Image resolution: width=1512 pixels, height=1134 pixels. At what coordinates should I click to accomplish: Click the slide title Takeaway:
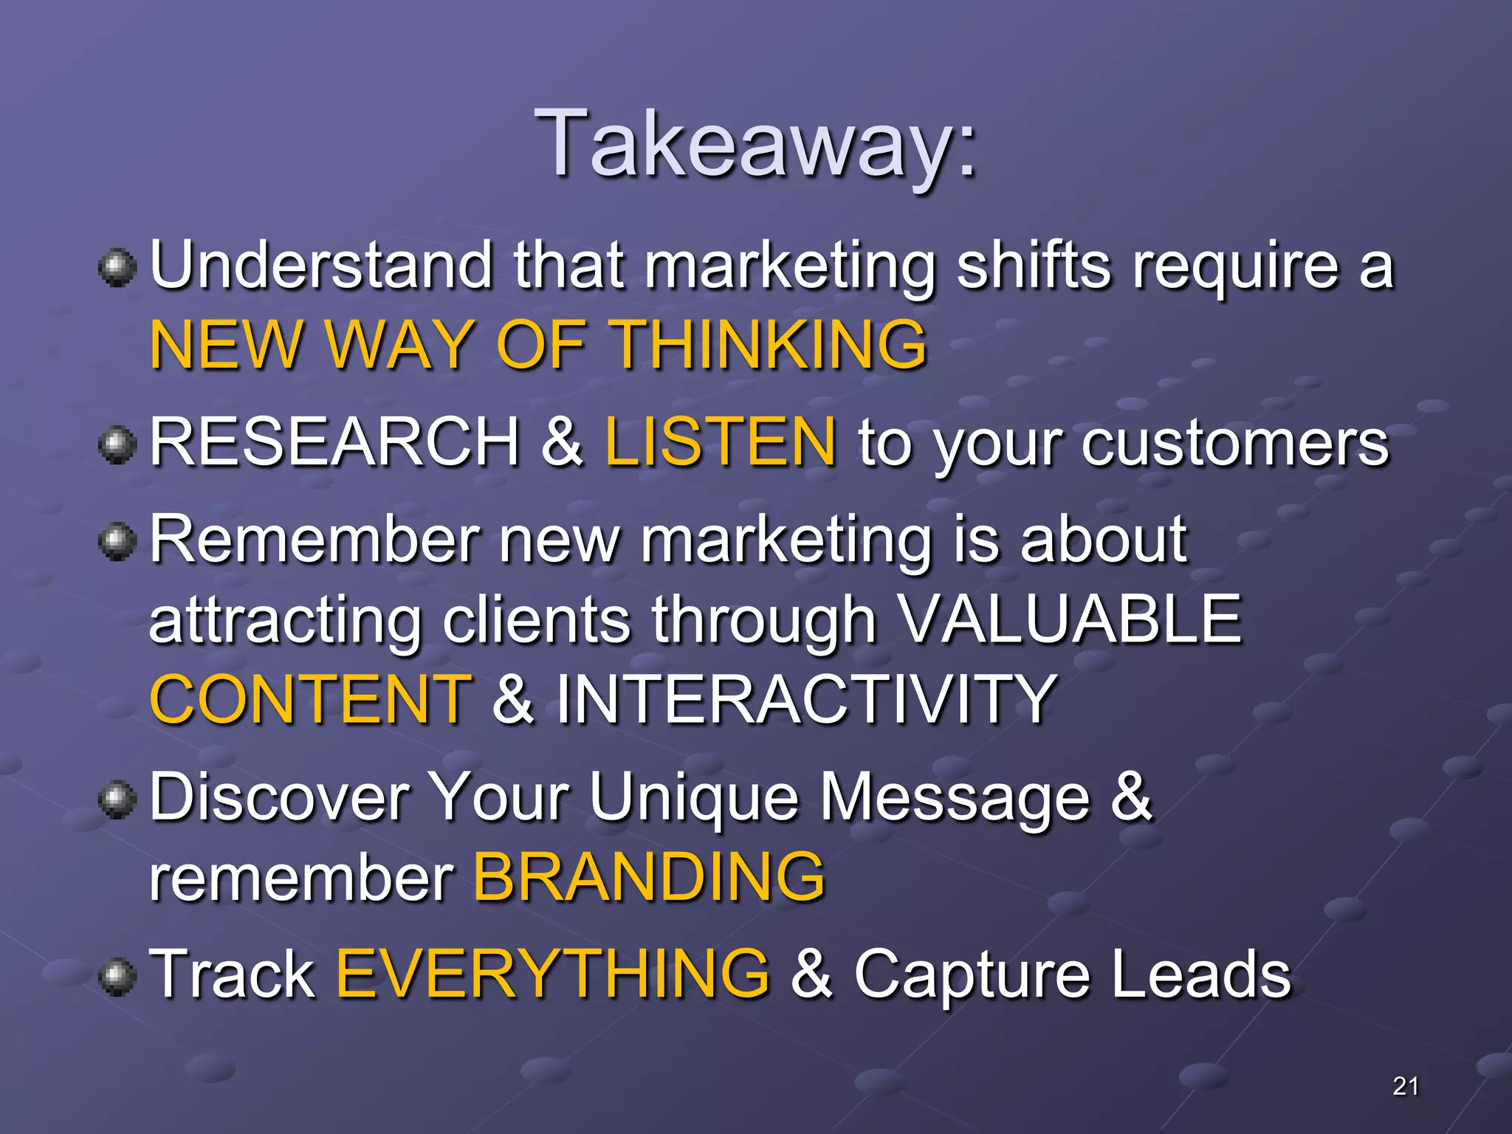pos(756,144)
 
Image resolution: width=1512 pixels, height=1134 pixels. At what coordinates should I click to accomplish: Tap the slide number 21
pos(1405,1086)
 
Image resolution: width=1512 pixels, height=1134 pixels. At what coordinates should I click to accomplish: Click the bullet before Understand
pos(117,268)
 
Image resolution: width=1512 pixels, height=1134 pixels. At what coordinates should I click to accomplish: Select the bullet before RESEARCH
pos(117,444)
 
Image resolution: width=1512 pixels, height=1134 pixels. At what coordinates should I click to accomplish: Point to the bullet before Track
pos(117,976)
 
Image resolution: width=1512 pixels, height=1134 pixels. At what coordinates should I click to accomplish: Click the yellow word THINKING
pos(770,345)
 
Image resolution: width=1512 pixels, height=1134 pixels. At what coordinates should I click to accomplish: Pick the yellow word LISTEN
pos(721,442)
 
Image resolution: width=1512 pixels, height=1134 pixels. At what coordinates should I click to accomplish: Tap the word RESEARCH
pos(335,442)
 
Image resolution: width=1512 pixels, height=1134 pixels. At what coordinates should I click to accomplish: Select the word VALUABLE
pos(1071,619)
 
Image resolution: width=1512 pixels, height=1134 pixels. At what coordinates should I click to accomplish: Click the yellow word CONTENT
pos(310,699)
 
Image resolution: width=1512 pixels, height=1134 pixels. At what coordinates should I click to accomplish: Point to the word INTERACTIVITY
pos(805,699)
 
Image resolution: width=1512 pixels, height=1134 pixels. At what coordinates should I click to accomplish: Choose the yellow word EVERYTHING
pos(552,974)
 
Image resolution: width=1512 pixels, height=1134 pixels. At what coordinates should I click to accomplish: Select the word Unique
pos(694,798)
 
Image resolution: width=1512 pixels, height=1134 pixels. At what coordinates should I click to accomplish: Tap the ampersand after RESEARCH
pos(562,442)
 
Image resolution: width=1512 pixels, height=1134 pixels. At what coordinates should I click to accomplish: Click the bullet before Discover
pos(117,800)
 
